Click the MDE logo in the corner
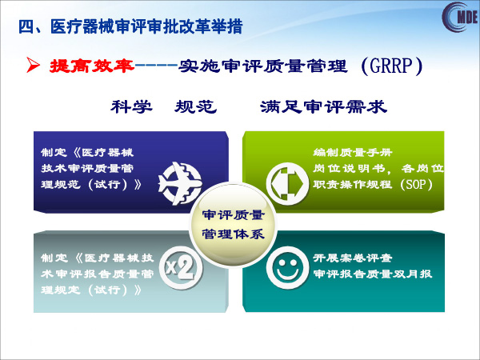pyautogui.click(x=460, y=17)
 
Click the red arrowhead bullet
pyautogui.click(x=33, y=65)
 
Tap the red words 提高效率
pyautogui.click(x=92, y=66)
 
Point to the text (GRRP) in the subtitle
pyautogui.click(x=392, y=66)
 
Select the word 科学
pyautogui.click(x=132, y=107)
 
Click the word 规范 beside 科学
pyautogui.click(x=196, y=107)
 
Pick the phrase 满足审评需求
pyautogui.click(x=323, y=107)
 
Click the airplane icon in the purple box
pyautogui.click(x=180, y=184)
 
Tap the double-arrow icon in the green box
pyautogui.click(x=287, y=184)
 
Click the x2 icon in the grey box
pyautogui.click(x=182, y=268)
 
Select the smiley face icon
pyautogui.click(x=287, y=268)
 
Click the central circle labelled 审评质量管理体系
pyautogui.click(x=233, y=225)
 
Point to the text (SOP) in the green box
pyautogui.click(x=416, y=184)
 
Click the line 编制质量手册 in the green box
pyautogui.click(x=352, y=152)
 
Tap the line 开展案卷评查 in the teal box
pyautogui.click(x=352, y=258)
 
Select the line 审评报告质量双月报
pyautogui.click(x=373, y=274)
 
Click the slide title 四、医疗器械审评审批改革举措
pyautogui.click(x=130, y=26)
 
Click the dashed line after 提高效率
pyautogui.click(x=156, y=66)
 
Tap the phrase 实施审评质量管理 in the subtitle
pyautogui.click(x=262, y=66)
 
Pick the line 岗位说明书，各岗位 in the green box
pyautogui.click(x=378, y=168)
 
